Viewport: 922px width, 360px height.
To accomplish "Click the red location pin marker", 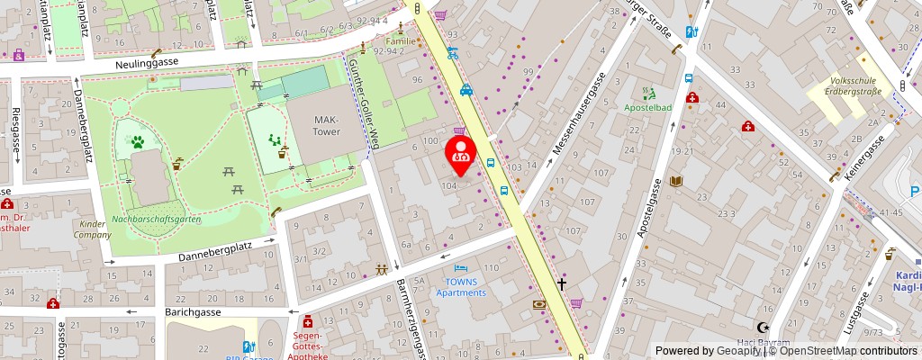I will pos(462,156).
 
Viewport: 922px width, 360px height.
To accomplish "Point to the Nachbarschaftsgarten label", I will pos(157,219).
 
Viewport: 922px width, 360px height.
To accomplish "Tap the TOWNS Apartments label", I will pos(461,287).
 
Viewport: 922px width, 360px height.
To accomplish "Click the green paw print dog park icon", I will pos(138,141).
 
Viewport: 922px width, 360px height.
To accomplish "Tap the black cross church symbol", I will pos(562,283).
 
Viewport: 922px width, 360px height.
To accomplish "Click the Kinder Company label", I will pos(94,229).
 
